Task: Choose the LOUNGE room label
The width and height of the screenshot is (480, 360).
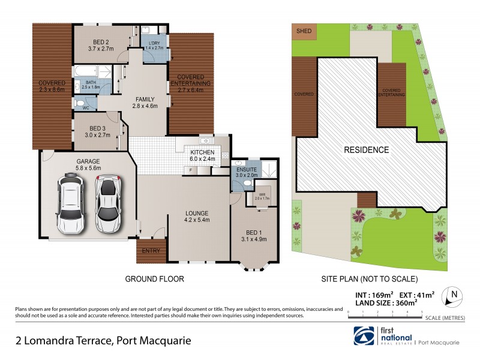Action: (x=197, y=216)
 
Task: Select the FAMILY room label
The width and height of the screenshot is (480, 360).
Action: (x=145, y=103)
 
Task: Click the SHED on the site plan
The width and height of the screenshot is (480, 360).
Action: (x=304, y=30)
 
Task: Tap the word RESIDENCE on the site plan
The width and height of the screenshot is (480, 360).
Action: (x=366, y=149)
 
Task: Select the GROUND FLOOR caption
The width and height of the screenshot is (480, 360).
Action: (x=154, y=279)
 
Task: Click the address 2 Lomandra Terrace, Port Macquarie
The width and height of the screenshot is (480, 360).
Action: (x=103, y=341)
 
